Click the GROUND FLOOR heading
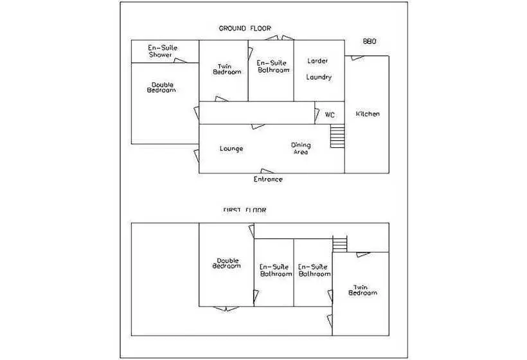tap(245, 28)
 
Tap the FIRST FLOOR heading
tap(245, 210)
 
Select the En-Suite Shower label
tap(163, 51)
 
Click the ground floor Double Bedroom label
tap(161, 87)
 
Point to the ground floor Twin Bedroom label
tap(227, 69)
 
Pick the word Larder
tap(317, 61)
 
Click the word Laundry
tap(319, 77)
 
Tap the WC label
tap(330, 115)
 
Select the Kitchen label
tap(368, 114)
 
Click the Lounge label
tap(231, 148)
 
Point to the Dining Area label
tap(301, 148)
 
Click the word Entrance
tap(268, 179)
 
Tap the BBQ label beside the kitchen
tap(370, 41)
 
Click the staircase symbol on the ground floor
tap(337, 136)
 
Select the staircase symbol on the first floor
tap(339, 244)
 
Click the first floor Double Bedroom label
tap(226, 263)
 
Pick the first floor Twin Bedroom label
tap(362, 290)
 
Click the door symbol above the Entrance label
tap(267, 171)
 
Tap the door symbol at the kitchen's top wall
tap(357, 58)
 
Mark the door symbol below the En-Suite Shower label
tap(181, 60)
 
